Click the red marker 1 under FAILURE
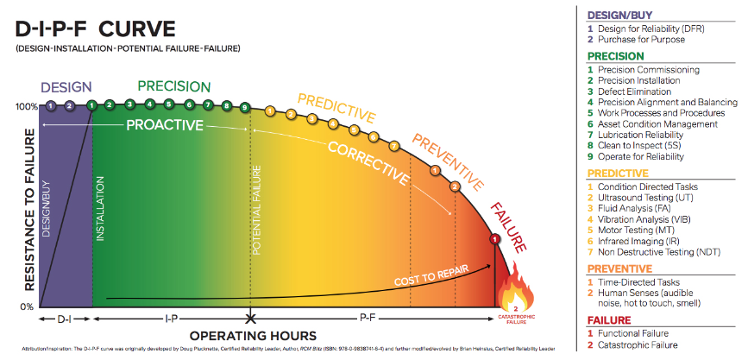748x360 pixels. coord(494,237)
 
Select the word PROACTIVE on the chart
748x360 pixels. coord(165,125)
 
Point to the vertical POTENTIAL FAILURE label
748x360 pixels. coord(255,212)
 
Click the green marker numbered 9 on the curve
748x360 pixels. coord(245,107)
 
